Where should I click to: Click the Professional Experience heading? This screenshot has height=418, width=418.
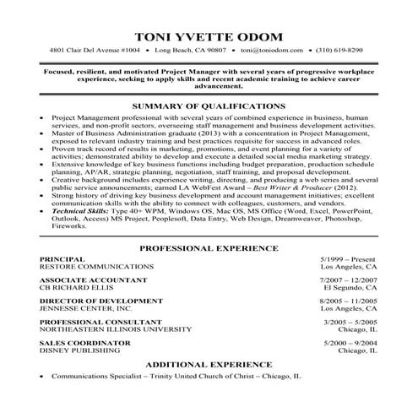coord(208,249)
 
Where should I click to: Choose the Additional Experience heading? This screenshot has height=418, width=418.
coord(208,363)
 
